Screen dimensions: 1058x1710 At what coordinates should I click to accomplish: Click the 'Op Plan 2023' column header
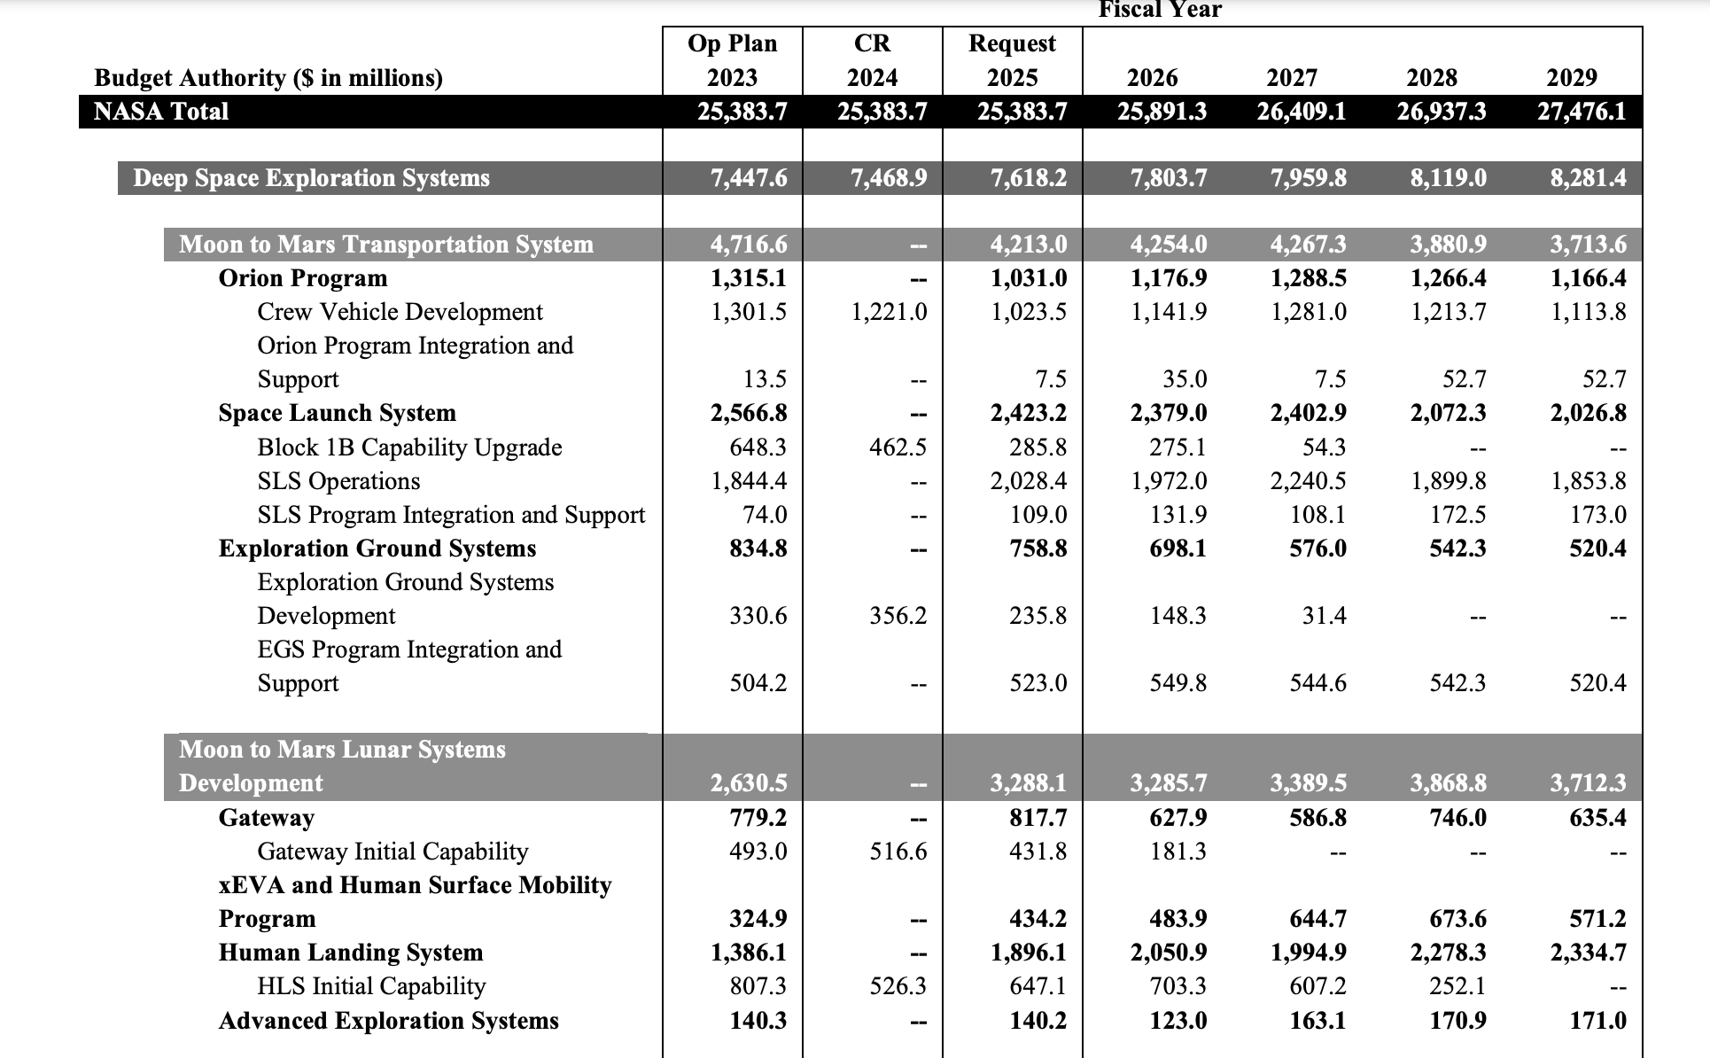[732, 60]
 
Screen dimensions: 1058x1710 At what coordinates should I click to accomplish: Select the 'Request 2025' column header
[1012, 60]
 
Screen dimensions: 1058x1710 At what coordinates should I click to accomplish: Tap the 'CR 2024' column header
[872, 60]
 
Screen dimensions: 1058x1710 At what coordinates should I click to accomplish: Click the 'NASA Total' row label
[161, 112]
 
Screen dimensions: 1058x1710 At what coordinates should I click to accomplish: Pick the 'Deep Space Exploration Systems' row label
[311, 178]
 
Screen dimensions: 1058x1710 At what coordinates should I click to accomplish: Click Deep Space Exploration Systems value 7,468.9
[889, 178]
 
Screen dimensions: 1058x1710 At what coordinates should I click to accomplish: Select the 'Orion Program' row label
[303, 278]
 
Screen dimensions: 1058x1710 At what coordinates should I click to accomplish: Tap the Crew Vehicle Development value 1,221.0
[889, 312]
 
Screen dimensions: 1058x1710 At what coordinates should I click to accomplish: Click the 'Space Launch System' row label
[337, 413]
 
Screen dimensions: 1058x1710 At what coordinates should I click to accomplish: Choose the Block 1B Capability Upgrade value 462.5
[898, 447]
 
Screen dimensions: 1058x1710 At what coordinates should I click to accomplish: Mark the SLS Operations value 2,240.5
[1308, 481]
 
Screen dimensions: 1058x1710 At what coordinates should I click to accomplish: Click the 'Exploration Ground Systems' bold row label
[377, 548]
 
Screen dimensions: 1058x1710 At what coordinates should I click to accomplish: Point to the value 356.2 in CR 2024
[898, 616]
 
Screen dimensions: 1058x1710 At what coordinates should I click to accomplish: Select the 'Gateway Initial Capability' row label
[393, 852]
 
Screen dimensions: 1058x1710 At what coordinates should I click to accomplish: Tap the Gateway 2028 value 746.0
[1457, 818]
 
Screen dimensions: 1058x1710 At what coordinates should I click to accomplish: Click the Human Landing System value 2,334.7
[1588, 953]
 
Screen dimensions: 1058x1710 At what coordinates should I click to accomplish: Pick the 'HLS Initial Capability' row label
[371, 986]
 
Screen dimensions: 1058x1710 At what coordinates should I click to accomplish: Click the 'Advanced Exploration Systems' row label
[388, 1021]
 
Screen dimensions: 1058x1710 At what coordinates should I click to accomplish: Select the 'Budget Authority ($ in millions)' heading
[268, 78]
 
